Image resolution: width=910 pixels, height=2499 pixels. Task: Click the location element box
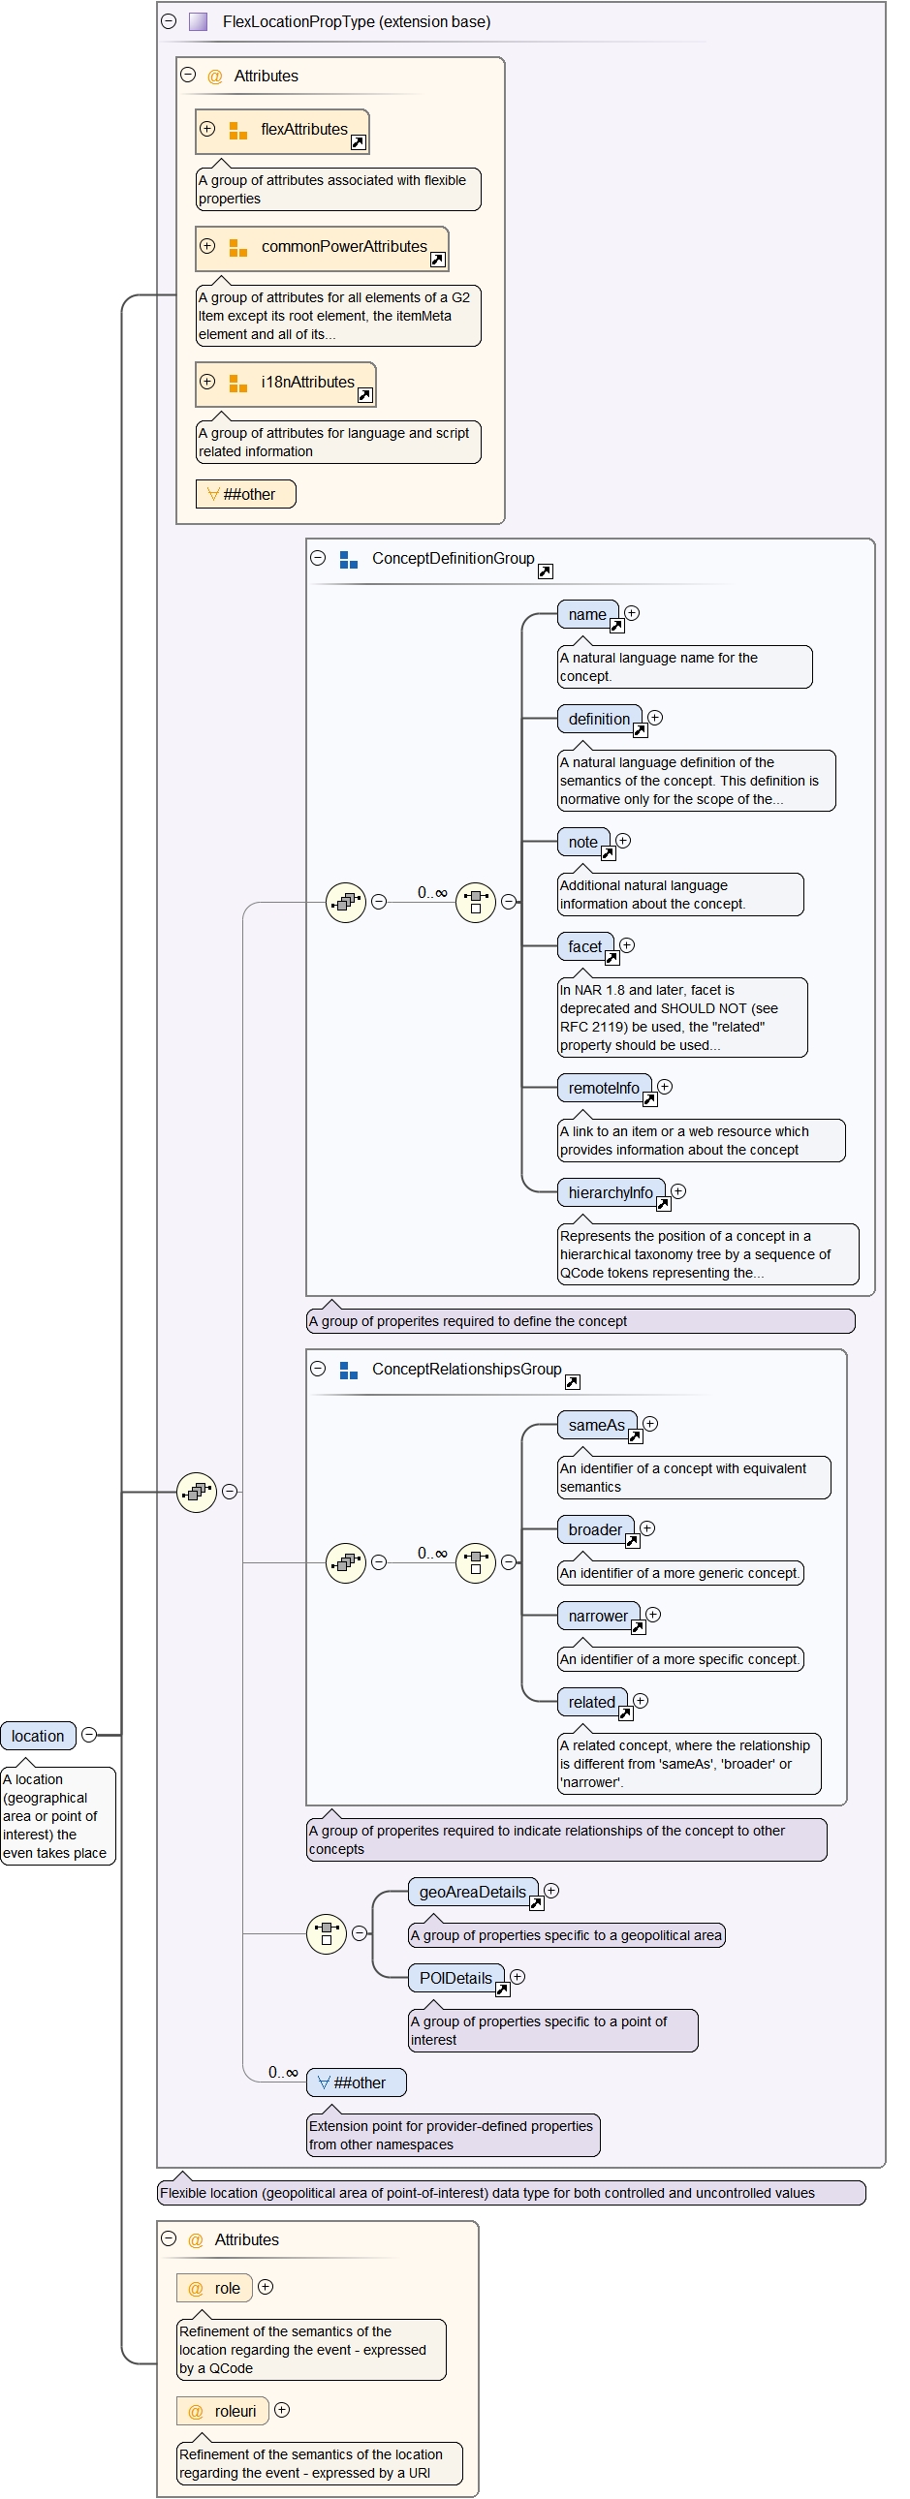tap(38, 1736)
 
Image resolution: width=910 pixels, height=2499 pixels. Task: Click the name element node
tap(587, 614)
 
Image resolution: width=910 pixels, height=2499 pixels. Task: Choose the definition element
tap(599, 719)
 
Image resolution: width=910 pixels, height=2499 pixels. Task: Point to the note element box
tap(583, 842)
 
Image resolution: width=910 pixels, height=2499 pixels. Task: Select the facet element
tap(585, 946)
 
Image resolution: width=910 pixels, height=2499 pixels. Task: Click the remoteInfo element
tap(604, 1089)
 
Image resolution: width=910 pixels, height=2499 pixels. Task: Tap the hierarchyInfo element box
tap(611, 1192)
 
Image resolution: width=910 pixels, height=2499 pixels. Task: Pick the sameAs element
tap(596, 1425)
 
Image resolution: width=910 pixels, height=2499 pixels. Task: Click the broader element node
tap(595, 1529)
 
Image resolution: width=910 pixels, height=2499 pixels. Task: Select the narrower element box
tap(598, 1617)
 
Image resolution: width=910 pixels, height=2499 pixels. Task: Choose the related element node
tap(591, 1702)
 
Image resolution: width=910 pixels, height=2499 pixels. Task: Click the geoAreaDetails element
tap(473, 1892)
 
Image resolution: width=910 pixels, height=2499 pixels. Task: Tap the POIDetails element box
tap(455, 1978)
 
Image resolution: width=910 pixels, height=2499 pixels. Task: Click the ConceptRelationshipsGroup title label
tap(467, 1369)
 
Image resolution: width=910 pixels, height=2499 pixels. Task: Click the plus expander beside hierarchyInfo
tap(678, 1191)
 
